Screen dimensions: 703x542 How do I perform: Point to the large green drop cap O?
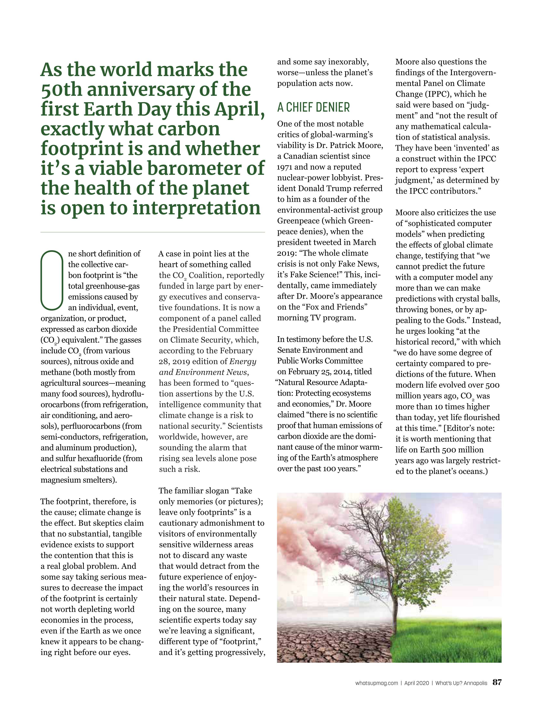tap(52, 280)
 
